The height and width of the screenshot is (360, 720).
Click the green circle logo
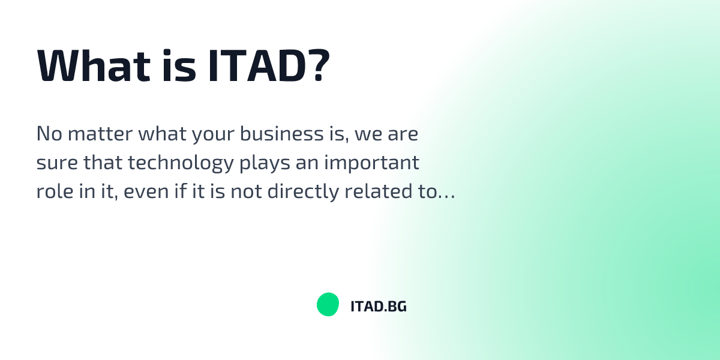pyautogui.click(x=328, y=305)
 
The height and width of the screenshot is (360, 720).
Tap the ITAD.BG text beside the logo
pyautogui.click(x=378, y=307)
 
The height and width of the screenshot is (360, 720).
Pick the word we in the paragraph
pyautogui.click(x=365, y=134)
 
